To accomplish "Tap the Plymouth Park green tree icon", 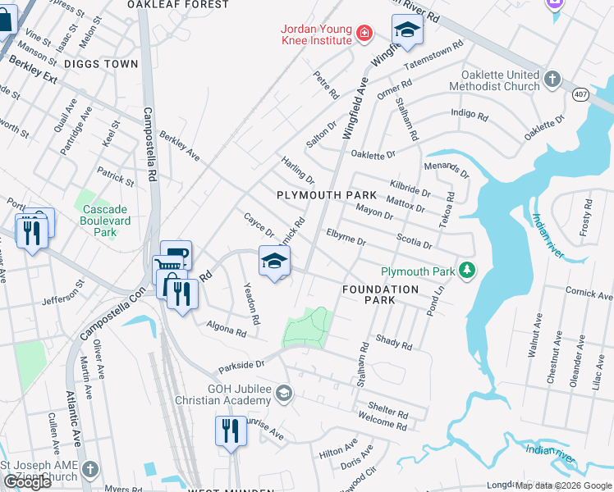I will click(467, 271).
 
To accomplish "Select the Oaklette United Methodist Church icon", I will click(553, 80).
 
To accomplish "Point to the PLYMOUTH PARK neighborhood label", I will click(326, 195).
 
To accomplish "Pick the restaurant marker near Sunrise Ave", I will click(231, 430).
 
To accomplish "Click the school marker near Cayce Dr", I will click(275, 261).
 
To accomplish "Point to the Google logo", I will click(27, 482).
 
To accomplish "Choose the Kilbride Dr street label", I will click(410, 188).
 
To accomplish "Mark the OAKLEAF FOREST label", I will click(178, 5).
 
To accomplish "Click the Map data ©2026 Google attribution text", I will click(563, 485).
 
